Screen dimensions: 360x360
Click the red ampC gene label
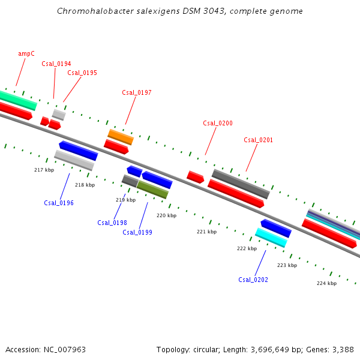pos(26,53)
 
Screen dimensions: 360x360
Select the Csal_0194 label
pos(56,64)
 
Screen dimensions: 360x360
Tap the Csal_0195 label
pos(82,73)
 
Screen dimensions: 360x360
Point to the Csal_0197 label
pos(137,92)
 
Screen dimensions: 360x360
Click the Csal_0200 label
pos(218,123)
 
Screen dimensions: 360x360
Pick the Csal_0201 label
pos(259,140)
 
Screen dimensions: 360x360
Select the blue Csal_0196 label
pos(59,203)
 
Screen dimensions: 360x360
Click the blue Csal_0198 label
pos(112,223)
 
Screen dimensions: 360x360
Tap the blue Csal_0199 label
pos(137,232)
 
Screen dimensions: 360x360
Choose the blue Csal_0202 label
pos(253,280)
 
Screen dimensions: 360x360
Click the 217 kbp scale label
pos(44,170)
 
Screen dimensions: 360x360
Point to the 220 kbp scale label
pos(166,215)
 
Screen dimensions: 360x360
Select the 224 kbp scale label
pos(326,283)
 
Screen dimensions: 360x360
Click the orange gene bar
pos(121,137)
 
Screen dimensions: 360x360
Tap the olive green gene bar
pos(152,190)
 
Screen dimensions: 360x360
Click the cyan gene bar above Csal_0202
pos(271,238)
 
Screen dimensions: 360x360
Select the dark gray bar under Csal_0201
pos(241,184)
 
